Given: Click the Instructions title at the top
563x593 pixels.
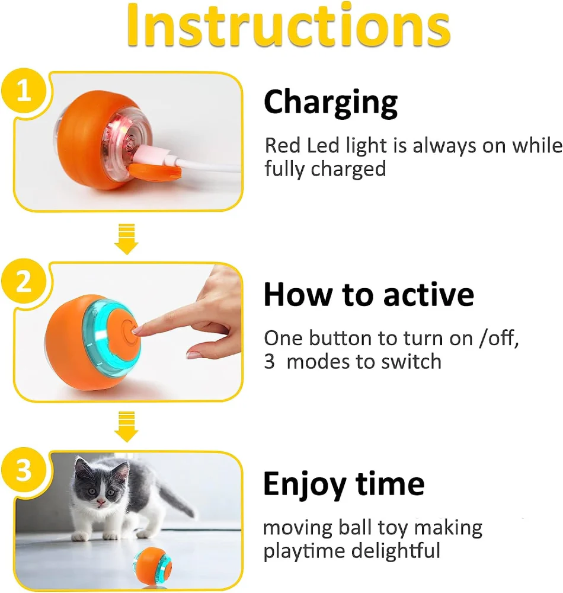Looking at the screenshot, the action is click(288, 25).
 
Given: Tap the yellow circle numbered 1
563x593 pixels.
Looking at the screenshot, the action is click(24, 90).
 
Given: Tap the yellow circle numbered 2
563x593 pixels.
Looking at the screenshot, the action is click(24, 281).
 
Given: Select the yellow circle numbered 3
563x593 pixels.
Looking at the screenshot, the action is click(24, 470).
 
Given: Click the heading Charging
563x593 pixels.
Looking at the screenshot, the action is click(331, 103).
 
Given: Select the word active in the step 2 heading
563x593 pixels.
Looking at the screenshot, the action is click(428, 294).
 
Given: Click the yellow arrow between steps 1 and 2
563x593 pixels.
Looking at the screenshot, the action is click(127, 239).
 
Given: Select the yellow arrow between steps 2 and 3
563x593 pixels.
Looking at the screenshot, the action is click(127, 426).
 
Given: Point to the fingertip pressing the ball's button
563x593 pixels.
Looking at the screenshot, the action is click(136, 331).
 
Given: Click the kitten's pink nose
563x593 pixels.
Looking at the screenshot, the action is click(101, 502).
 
